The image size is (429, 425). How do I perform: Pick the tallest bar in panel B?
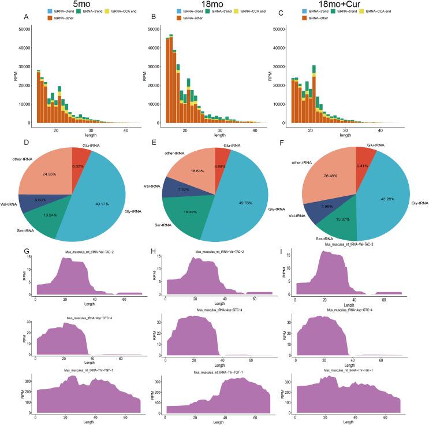tap(172, 80)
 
